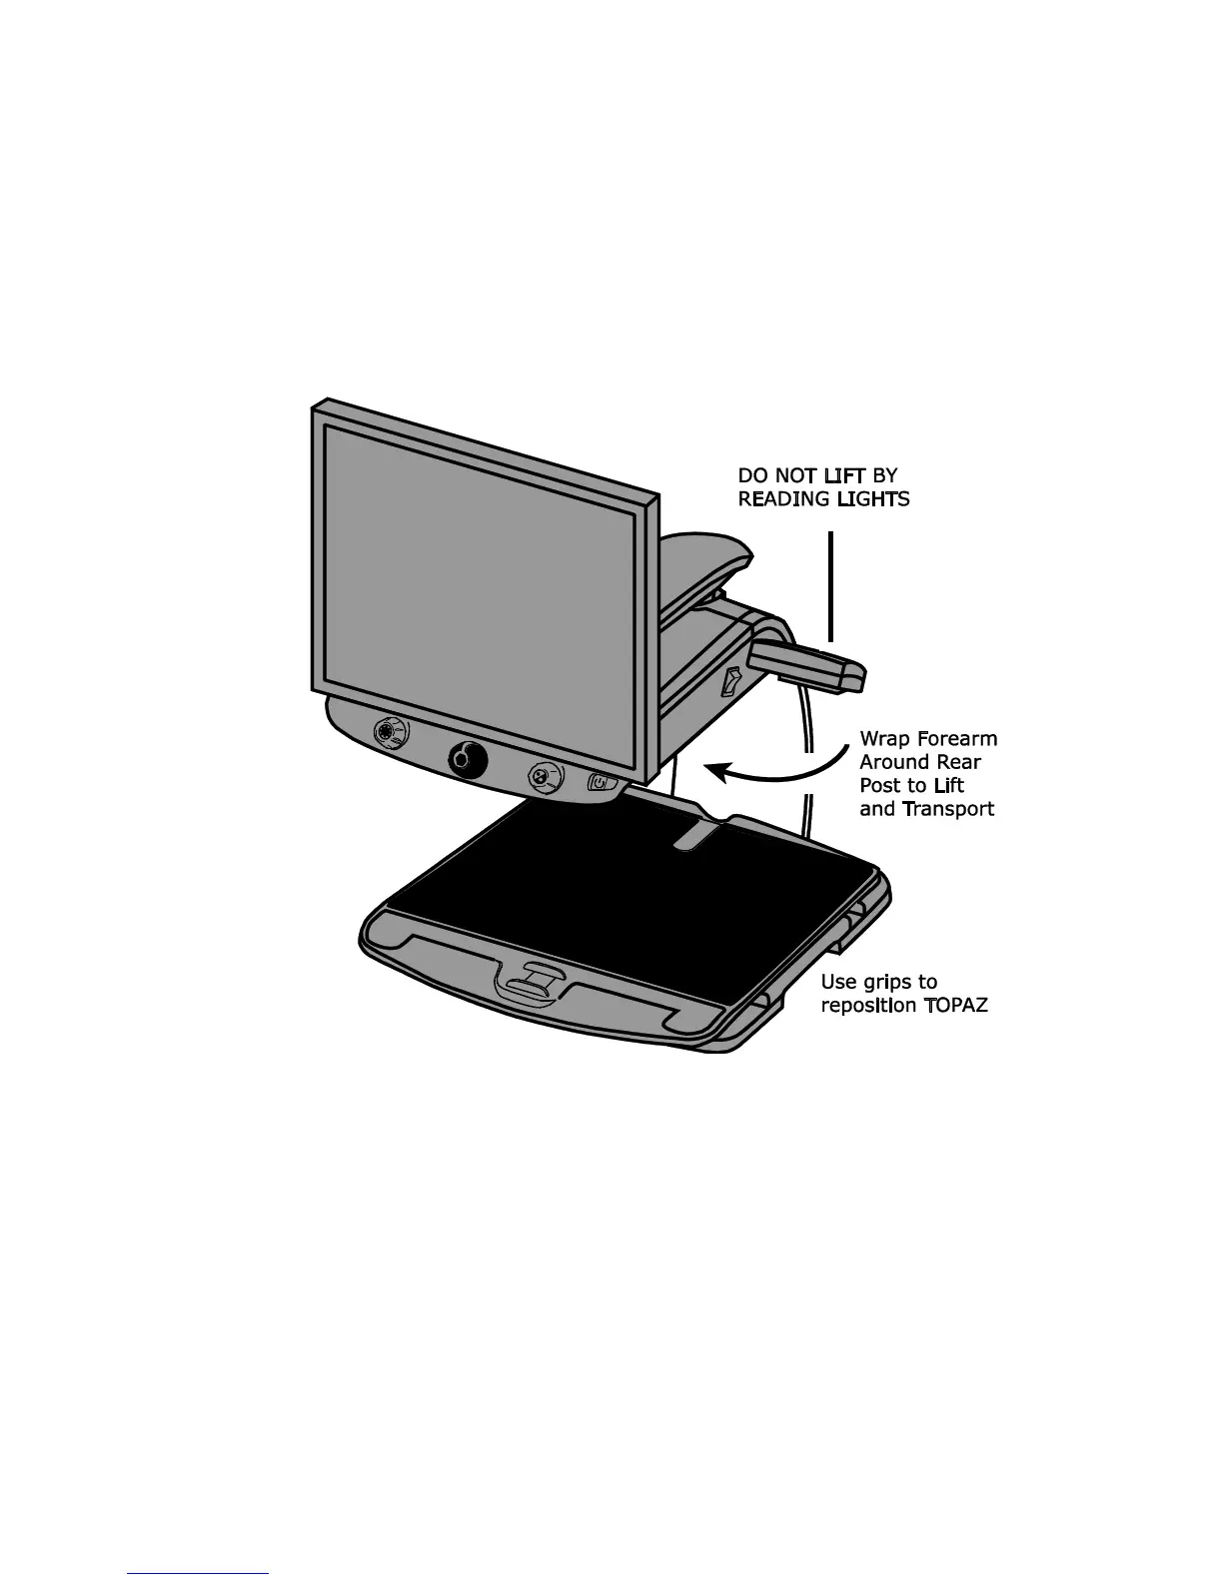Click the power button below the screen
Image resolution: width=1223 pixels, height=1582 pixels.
pyautogui.click(x=600, y=782)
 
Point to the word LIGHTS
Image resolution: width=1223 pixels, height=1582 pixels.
pyautogui.click(x=873, y=499)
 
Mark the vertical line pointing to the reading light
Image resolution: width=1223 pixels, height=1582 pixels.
pyautogui.click(x=830, y=589)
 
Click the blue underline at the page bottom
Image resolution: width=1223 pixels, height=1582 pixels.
pyautogui.click(x=198, y=1575)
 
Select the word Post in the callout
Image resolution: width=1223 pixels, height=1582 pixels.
pyautogui.click(x=880, y=786)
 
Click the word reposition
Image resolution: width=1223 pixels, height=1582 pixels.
pyautogui.click(x=863, y=1006)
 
